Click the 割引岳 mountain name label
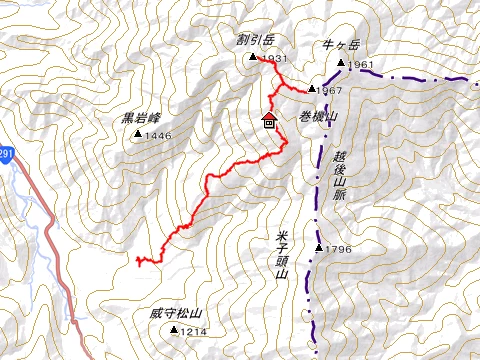pos(255,41)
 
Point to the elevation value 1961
pos(362,66)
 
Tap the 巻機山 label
pos(319,115)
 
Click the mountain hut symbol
pos(269,120)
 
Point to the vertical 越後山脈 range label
pos(340,170)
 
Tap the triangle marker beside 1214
pos(174,331)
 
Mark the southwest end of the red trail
pos(137,261)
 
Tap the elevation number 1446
pos(159,136)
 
